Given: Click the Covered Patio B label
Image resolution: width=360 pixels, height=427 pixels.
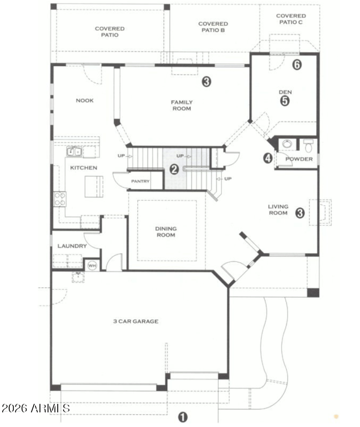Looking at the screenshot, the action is coord(213,27).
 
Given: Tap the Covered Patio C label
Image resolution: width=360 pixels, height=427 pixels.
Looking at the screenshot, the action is coord(291,19).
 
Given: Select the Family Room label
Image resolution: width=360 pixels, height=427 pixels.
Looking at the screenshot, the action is coord(182,105).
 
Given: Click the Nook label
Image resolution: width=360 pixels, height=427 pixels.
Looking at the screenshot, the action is coord(85,100).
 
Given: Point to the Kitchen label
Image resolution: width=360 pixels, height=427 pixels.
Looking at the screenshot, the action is coord(84,168).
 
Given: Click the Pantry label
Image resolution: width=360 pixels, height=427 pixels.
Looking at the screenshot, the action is coord(140,181).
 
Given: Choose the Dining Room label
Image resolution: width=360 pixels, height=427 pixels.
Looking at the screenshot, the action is coord(166,232).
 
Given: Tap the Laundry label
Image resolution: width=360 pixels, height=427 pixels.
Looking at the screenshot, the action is coord(72,246).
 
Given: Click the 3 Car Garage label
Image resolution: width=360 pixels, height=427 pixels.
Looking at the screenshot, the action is coord(135,321).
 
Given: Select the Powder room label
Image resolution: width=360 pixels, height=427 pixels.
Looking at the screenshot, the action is coord(299,159).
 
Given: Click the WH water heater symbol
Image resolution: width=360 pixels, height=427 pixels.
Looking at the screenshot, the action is coord(92,265).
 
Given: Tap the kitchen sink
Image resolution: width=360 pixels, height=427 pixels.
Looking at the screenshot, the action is coord(74,152).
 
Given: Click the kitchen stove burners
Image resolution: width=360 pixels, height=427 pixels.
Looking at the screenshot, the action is coord(60,199).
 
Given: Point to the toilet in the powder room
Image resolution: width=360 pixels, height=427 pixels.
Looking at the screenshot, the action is coord(308,146).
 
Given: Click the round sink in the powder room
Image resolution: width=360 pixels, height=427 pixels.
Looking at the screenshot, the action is coord(287,144).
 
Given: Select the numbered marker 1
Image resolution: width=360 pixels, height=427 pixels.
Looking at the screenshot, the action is coord(183,417).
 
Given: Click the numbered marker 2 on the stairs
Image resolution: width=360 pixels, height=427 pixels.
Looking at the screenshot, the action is coord(174,169).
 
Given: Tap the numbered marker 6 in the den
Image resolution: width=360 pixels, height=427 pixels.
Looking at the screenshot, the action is coord(297,64).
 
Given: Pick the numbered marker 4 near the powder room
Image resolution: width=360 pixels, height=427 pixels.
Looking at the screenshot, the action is coord(268,158).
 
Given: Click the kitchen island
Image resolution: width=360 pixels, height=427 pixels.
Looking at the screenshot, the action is coord(94,187).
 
